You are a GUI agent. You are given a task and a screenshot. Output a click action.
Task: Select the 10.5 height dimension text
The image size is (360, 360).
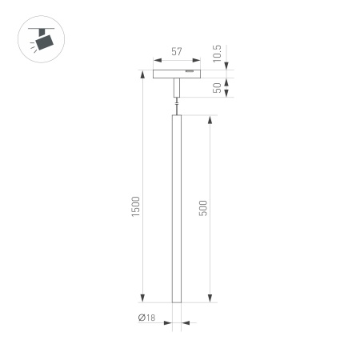click(x=218, y=56)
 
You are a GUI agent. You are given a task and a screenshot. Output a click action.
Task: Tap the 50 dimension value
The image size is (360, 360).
click(x=218, y=87)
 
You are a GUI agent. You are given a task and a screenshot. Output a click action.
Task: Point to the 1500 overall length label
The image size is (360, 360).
click(x=136, y=207)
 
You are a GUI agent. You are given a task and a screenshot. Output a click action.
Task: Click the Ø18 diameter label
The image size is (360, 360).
click(x=146, y=318)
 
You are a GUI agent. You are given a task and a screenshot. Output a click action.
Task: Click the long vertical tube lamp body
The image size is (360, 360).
click(x=175, y=208)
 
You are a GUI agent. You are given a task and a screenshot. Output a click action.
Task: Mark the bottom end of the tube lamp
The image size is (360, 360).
click(x=175, y=301)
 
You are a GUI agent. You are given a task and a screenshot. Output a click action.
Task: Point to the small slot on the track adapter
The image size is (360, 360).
click(x=189, y=72)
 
